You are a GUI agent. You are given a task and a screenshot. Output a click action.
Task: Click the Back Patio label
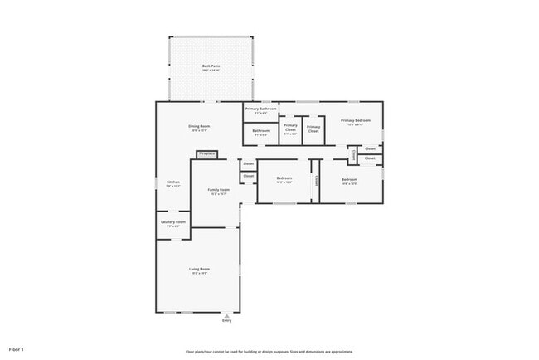(x=211, y=66)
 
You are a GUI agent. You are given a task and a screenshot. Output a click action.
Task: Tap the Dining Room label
(x=199, y=127)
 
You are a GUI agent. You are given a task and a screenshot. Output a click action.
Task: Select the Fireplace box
(x=207, y=153)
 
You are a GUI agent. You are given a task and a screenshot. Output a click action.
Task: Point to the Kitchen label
(x=173, y=182)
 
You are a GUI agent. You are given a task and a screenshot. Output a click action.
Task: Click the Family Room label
(x=219, y=190)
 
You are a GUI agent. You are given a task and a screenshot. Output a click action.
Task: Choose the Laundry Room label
(x=173, y=222)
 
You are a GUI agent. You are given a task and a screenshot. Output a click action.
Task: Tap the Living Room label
(x=199, y=270)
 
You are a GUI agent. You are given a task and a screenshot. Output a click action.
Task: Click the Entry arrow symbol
(x=227, y=315)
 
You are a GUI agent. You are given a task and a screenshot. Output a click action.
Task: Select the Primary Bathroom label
(x=260, y=109)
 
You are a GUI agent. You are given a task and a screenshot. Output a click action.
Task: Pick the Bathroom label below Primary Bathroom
(x=260, y=130)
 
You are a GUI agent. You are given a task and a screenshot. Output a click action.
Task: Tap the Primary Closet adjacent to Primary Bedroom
(x=313, y=129)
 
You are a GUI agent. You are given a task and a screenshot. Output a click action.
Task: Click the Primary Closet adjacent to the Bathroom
(x=290, y=128)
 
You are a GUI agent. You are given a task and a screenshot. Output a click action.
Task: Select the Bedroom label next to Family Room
(x=284, y=179)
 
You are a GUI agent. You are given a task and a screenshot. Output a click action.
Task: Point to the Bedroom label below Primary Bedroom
(x=349, y=180)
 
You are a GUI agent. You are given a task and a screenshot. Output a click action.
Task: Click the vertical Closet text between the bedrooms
(x=315, y=180)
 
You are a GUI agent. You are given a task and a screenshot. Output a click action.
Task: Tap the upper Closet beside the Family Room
(x=248, y=164)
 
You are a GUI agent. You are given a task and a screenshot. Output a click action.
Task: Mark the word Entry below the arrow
(x=227, y=321)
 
